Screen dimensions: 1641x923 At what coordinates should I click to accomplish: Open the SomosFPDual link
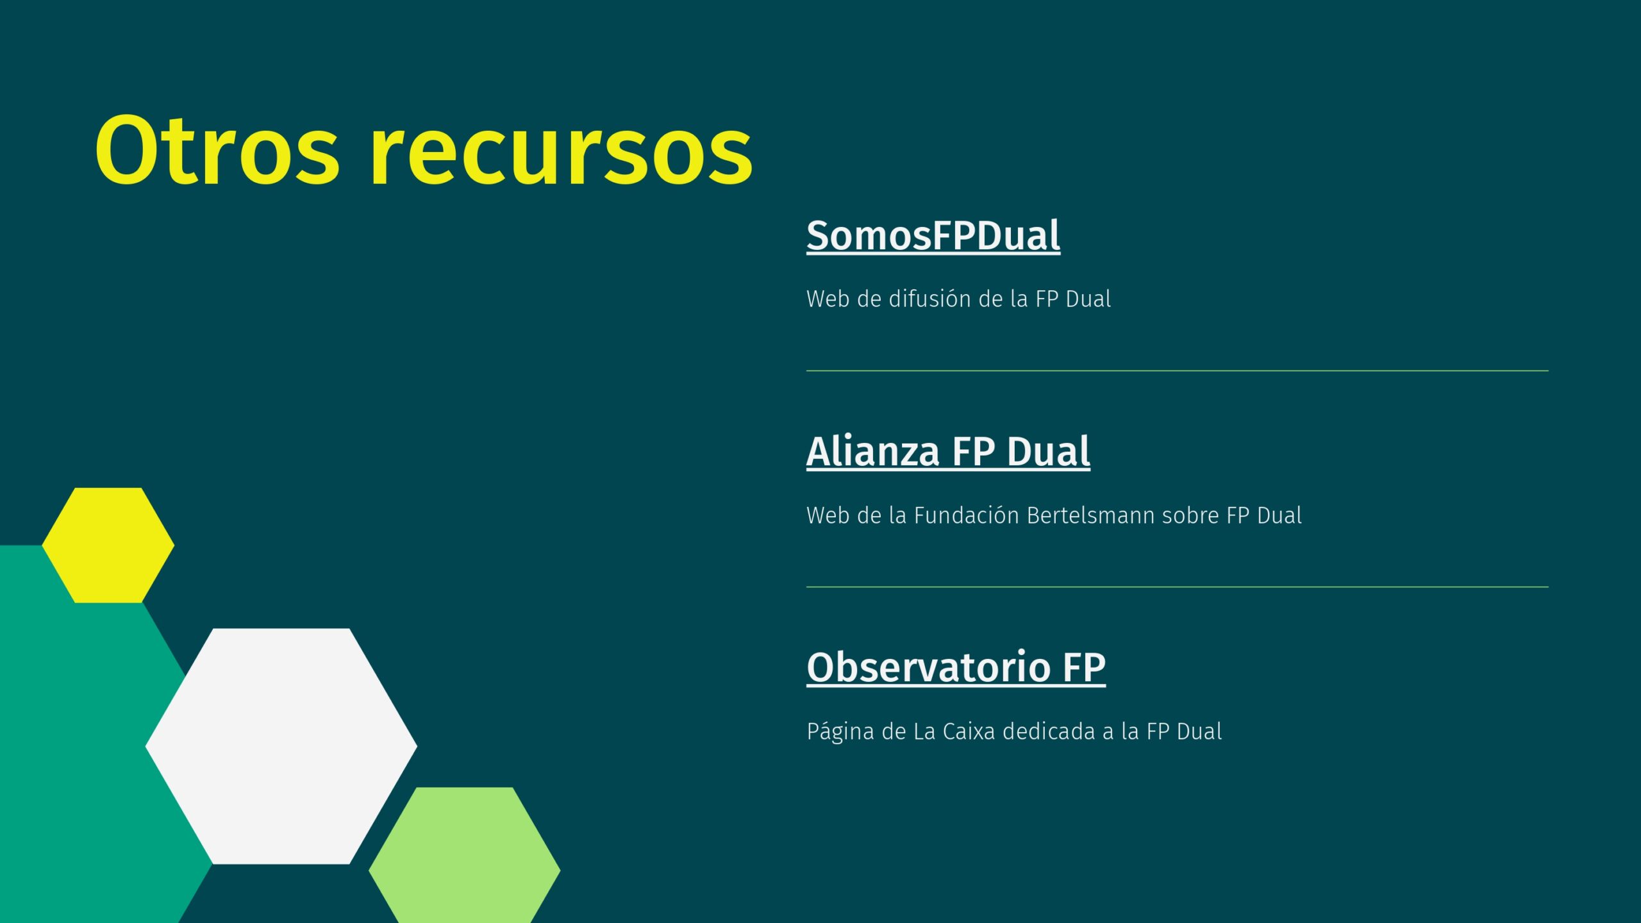click(933, 236)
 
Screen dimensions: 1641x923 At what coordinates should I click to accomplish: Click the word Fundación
click(967, 515)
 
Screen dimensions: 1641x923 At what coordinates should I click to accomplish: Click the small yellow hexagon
click(108, 545)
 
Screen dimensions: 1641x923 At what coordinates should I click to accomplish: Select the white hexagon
click(281, 746)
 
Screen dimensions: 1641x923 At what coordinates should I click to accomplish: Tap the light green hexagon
click(464, 855)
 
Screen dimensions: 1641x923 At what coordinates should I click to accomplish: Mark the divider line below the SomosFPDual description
click(1177, 370)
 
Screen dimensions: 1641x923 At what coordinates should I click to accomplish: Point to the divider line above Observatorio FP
click(1177, 586)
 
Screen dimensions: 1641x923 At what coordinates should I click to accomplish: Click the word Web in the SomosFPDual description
click(828, 299)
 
